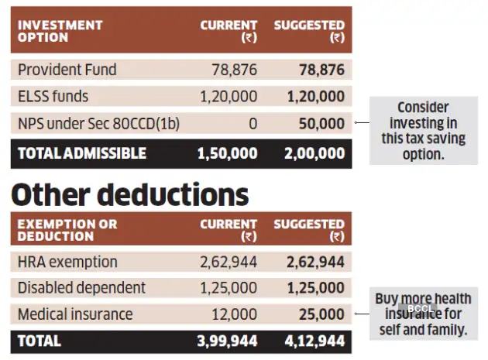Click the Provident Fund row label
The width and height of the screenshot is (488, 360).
point(67,70)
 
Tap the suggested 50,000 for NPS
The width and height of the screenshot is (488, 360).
point(321,124)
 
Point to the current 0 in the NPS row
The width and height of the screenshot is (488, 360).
point(253,124)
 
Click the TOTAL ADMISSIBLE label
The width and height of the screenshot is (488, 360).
point(81,153)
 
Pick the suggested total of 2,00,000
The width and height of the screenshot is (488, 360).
point(314,153)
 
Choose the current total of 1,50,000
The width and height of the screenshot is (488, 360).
point(227,153)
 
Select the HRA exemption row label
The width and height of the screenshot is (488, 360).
point(68,262)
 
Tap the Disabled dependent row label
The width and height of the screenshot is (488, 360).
point(81,288)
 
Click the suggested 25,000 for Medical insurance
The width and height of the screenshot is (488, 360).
point(321,314)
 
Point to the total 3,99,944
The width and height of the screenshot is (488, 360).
point(227,341)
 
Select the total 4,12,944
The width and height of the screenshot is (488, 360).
point(314,341)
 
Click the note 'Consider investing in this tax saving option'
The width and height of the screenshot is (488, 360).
point(423,131)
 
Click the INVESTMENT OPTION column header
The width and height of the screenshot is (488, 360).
point(60,31)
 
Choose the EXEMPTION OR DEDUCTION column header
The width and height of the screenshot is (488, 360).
point(67,230)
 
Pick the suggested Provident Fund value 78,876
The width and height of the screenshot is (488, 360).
point(321,70)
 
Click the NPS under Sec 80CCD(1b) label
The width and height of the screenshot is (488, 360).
point(98,124)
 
